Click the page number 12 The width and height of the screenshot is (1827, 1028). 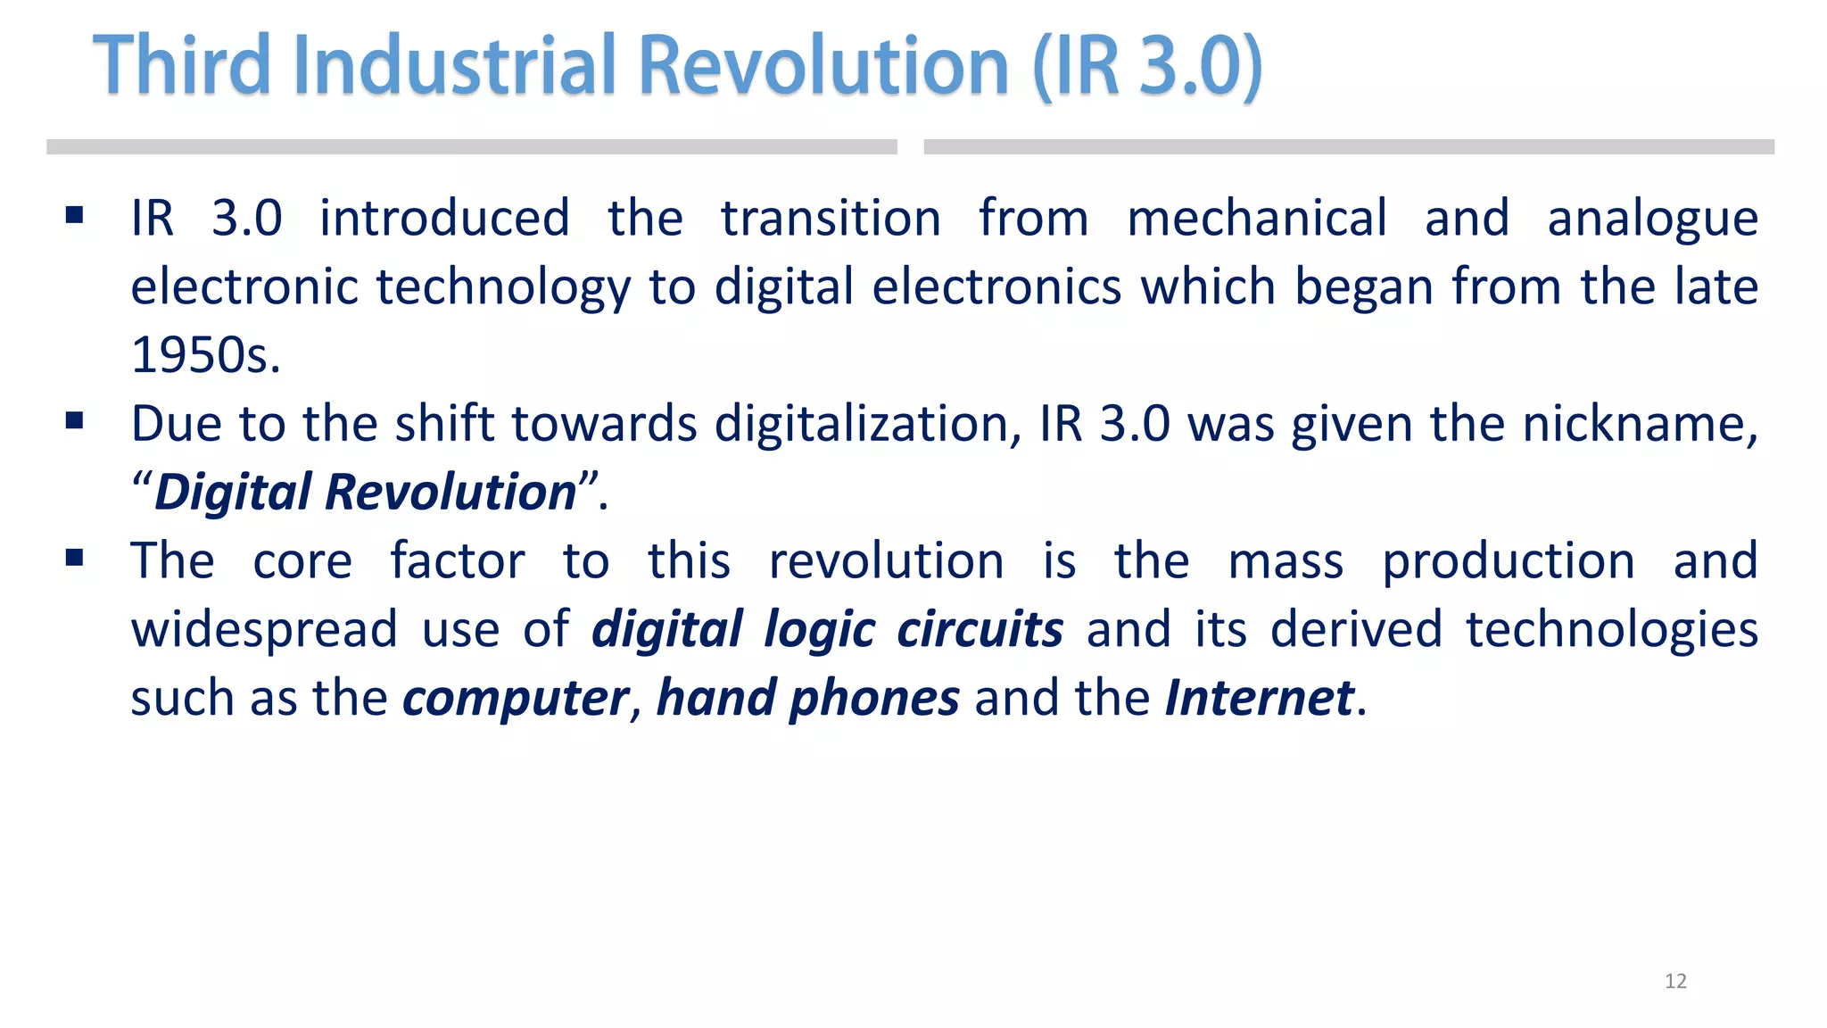pos(1675,981)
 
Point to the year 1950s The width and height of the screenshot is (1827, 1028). pos(205,355)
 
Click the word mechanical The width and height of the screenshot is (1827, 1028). pos(1256,219)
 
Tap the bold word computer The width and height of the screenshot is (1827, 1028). pos(516,698)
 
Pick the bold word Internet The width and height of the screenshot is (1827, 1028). pos(1259,698)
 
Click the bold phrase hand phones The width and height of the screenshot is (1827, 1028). pos(807,698)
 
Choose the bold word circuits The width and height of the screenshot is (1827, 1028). pos(980,629)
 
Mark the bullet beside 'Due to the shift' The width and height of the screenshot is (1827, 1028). pos(75,420)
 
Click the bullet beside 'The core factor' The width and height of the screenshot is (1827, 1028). pos(75,559)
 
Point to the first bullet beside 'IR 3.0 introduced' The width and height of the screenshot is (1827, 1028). pos(75,215)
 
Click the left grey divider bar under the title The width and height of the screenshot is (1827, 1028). pos(471,147)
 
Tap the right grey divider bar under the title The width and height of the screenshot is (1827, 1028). pos(1349,147)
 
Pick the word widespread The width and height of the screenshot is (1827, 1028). pos(264,630)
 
